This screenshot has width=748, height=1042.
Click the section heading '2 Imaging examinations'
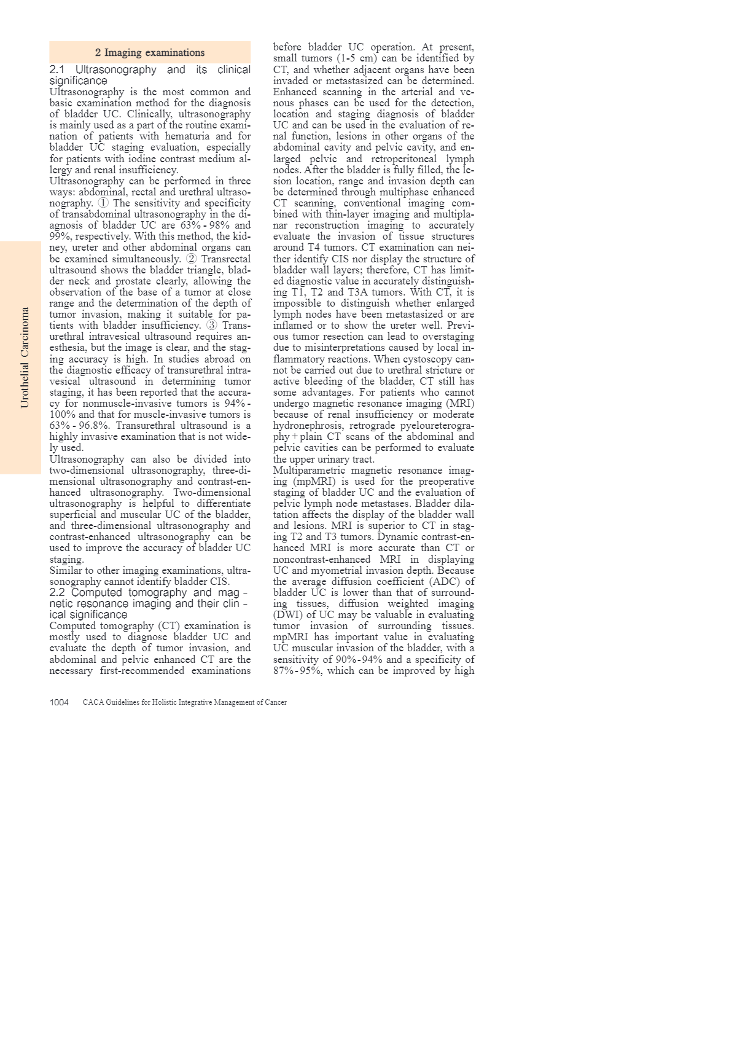pyautogui.click(x=150, y=53)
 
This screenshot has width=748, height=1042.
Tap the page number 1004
pyautogui.click(x=59, y=702)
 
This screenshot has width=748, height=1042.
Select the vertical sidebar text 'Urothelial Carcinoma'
pyautogui.click(x=25, y=358)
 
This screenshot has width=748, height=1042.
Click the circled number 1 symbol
pyautogui.click(x=103, y=203)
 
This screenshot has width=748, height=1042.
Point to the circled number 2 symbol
pyautogui.click(x=192, y=259)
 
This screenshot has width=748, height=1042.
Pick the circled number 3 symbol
pyautogui.click(x=211, y=326)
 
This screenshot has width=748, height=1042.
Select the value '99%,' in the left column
pyautogui.click(x=61, y=237)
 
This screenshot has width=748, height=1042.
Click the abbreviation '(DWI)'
pyautogui.click(x=287, y=615)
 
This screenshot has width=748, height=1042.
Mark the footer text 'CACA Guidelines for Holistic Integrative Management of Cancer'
pyautogui.click(x=185, y=702)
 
